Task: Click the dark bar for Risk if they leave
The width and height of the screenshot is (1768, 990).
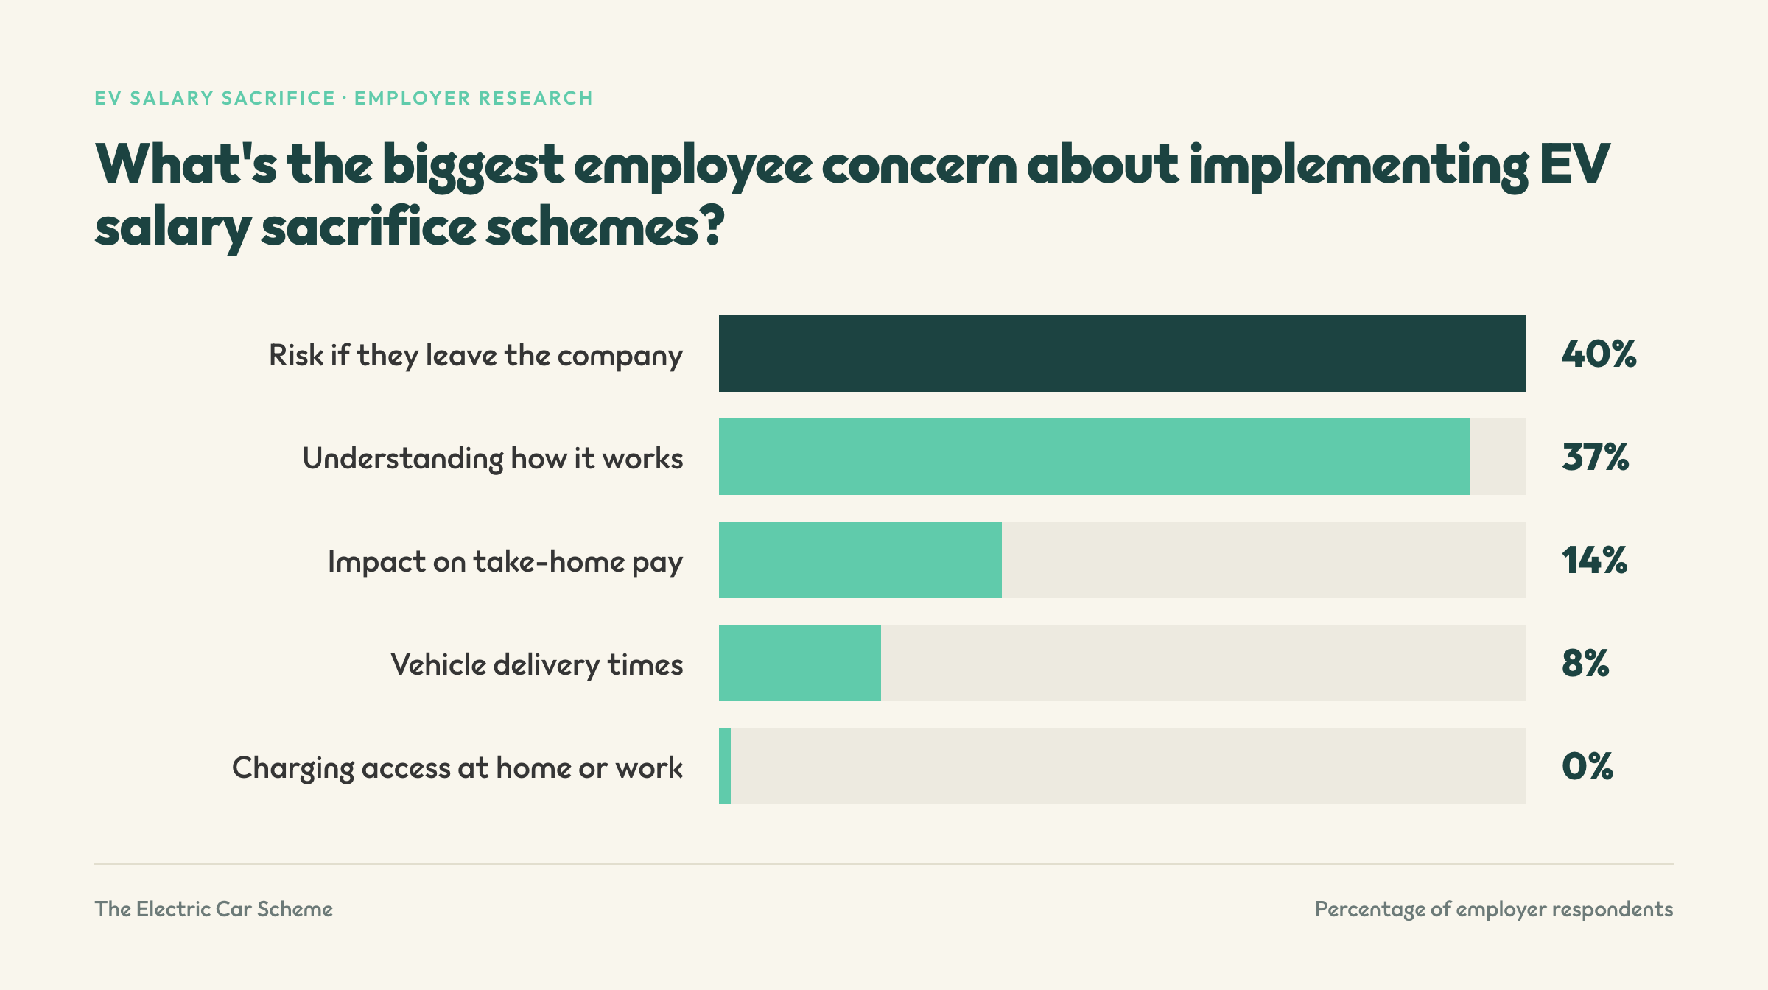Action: click(1122, 354)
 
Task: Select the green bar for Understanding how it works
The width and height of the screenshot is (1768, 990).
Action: click(1095, 457)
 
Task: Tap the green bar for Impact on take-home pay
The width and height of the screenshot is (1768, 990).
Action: click(860, 560)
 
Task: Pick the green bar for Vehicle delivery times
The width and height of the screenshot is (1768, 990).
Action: click(800, 663)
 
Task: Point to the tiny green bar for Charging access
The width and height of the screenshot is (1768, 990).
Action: click(725, 766)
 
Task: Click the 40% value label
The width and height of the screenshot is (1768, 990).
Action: click(1599, 354)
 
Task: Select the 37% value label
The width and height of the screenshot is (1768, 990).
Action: click(1595, 457)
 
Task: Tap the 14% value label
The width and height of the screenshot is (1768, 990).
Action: click(1594, 561)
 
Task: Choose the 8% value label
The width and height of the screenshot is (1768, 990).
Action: click(1585, 664)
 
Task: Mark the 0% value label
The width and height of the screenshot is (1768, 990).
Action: click(1588, 767)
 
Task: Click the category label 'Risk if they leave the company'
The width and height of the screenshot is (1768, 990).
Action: click(476, 356)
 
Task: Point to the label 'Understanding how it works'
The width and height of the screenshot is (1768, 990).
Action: click(493, 458)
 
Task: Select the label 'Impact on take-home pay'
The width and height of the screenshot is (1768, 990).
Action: click(505, 562)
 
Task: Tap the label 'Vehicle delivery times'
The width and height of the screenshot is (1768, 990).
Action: click(537, 665)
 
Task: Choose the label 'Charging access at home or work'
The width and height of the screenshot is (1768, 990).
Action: click(457, 768)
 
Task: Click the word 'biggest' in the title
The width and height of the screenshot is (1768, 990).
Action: click(473, 166)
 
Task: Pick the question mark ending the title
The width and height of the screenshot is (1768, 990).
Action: click(712, 225)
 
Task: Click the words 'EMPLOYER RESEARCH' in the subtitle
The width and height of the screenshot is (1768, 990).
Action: click(474, 98)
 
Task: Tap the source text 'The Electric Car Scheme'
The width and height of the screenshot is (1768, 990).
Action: click(214, 909)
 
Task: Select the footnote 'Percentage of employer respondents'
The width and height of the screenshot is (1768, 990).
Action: click(1494, 910)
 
